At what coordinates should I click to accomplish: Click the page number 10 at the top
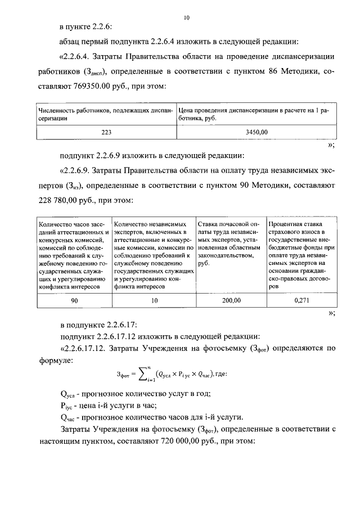(186, 18)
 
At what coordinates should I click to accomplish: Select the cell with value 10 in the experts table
(154, 301)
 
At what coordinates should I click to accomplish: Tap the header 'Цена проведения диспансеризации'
(256, 114)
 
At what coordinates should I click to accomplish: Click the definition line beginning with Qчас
(152, 417)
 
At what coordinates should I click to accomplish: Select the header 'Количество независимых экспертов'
(154, 255)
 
